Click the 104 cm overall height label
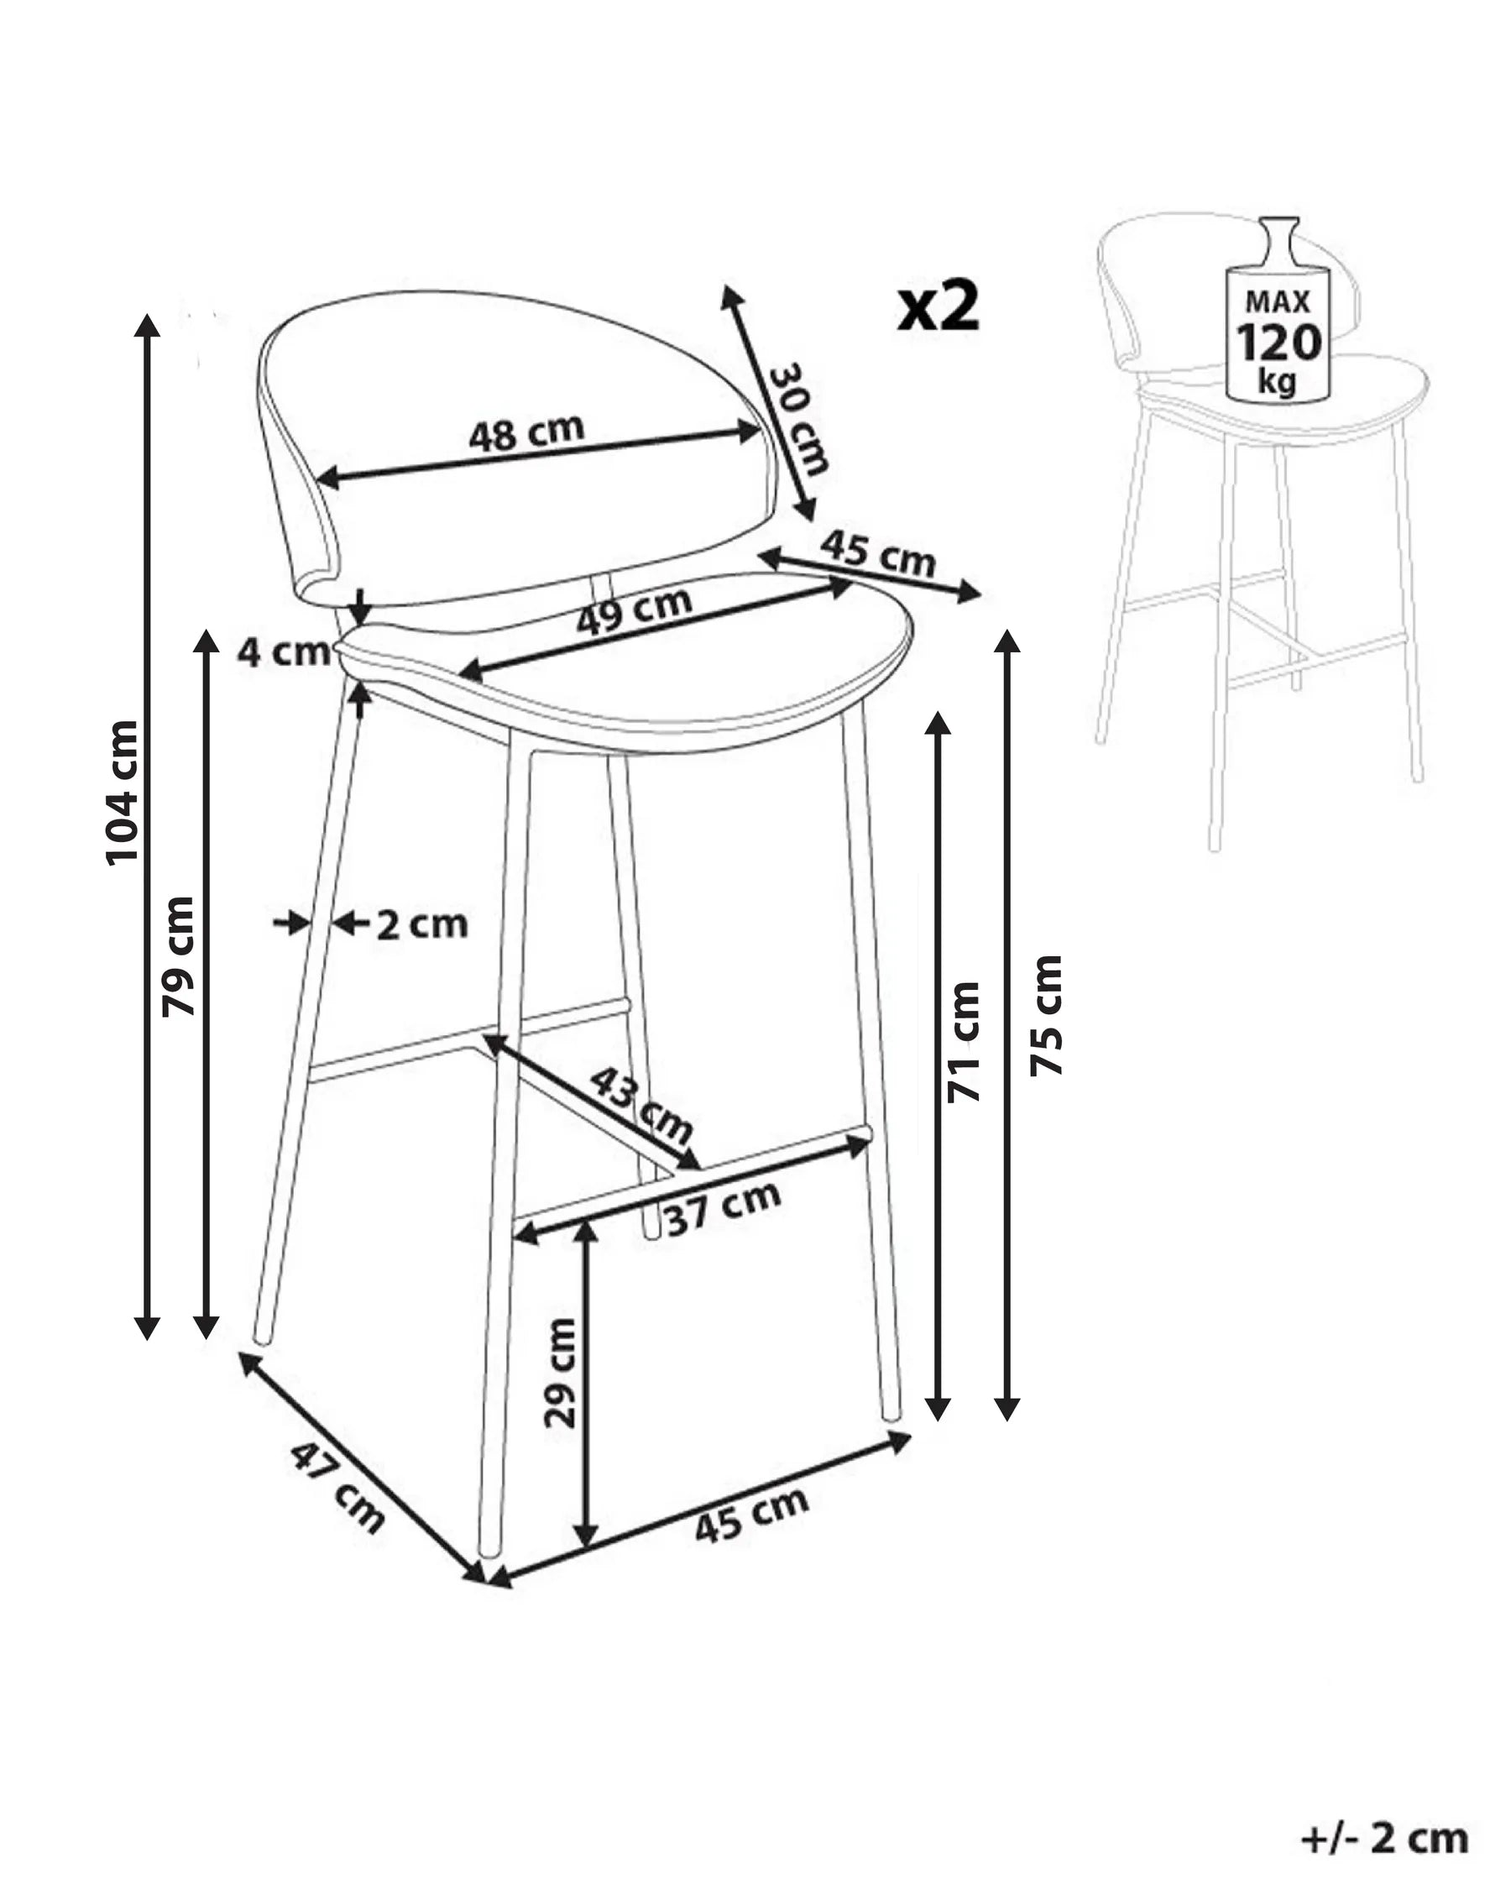(x=122, y=793)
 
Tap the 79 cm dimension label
(x=178, y=956)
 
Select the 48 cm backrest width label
(x=526, y=432)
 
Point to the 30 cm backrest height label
(x=798, y=419)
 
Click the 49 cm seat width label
(x=634, y=610)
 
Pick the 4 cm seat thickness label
(x=284, y=651)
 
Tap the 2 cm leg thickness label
(x=422, y=924)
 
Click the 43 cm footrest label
(x=641, y=1104)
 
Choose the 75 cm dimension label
(x=1046, y=1016)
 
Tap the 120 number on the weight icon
(x=1278, y=343)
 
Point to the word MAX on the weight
(x=1278, y=301)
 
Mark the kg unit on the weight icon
(x=1277, y=382)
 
